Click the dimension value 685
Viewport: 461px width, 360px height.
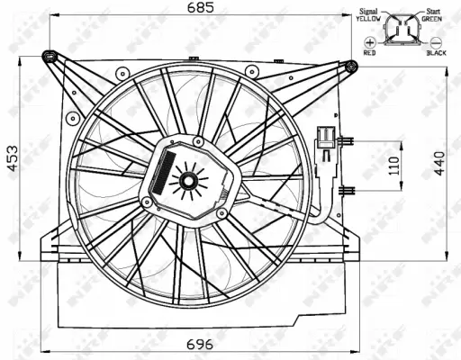tap(200, 8)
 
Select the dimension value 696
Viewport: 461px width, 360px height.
tap(200, 343)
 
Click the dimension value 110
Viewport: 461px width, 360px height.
tap(390, 165)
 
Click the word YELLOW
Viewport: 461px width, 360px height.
tap(366, 17)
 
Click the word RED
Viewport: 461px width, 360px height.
tap(369, 53)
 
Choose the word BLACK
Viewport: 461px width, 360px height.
tap(435, 53)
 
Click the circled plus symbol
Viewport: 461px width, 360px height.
tap(369, 42)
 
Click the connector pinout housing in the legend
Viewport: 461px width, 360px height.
tap(401, 31)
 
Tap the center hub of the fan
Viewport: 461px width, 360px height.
tap(189, 182)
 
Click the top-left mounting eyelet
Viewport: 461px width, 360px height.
tap(50, 58)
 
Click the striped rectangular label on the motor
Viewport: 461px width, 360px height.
tap(164, 171)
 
